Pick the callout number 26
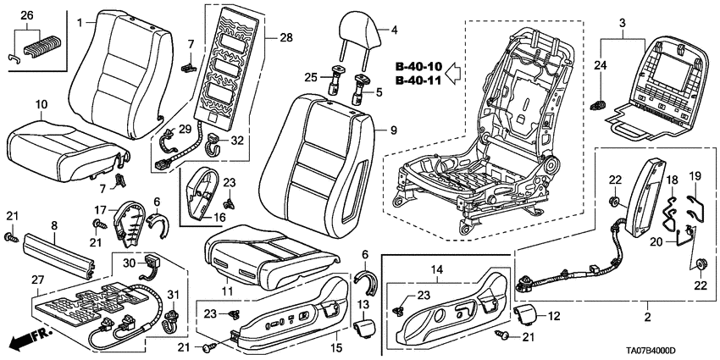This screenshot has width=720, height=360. click(26, 15)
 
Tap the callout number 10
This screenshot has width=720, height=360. click(41, 103)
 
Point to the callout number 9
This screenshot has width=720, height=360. click(392, 132)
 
